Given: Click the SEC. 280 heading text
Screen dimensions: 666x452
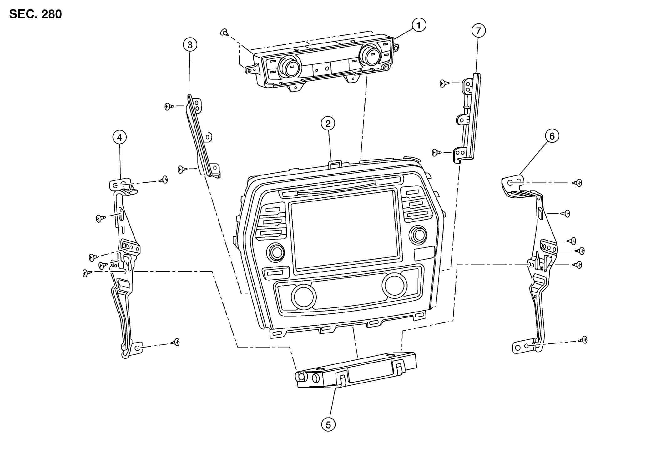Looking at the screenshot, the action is tap(36, 14).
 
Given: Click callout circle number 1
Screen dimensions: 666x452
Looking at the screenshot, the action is tap(419, 25).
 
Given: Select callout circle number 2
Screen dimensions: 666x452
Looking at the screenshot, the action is tap(328, 124).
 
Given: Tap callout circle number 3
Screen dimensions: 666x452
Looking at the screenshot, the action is tap(190, 45).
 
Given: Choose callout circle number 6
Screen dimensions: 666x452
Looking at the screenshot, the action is tap(552, 136).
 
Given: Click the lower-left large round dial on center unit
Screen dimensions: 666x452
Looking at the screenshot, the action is tap(304, 297).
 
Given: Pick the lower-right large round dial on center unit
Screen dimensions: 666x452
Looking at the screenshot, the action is tap(394, 285).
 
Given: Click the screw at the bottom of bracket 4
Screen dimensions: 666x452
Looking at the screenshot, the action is tap(175, 342).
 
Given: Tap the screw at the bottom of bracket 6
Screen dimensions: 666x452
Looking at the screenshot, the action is tap(583, 340).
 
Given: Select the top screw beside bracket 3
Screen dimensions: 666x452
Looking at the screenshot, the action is tap(169, 106).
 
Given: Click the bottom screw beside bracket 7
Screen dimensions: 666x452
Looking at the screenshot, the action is tap(436, 152).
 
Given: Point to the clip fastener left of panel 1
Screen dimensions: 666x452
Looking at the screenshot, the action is tap(224, 32).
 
